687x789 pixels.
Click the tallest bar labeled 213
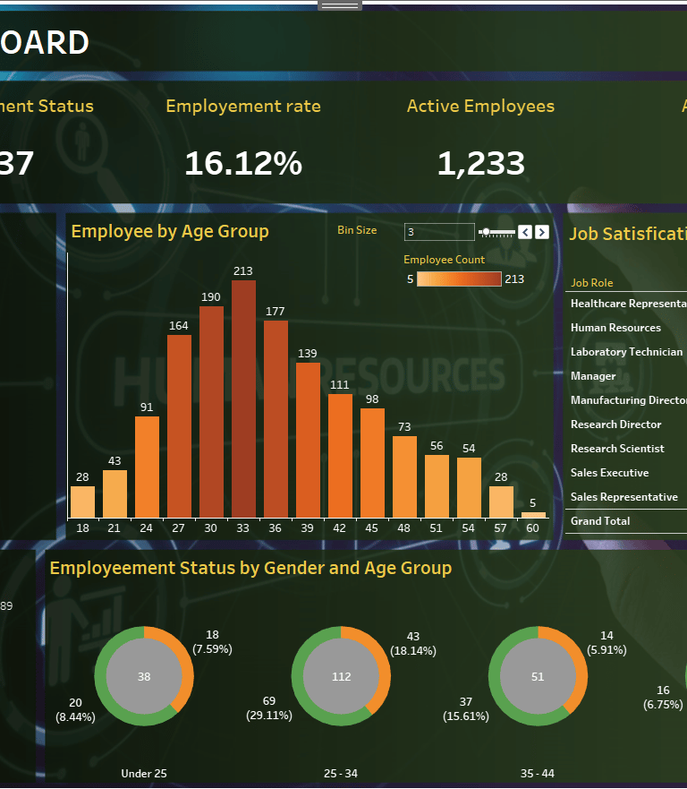[243, 399]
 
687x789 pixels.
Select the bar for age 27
[179, 425]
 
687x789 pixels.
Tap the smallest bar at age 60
[534, 515]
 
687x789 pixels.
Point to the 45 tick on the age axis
[372, 528]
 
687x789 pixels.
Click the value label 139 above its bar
[308, 355]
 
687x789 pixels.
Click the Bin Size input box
[438, 232]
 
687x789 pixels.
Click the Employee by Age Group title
[170, 231]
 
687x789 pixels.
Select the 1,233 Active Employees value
[480, 163]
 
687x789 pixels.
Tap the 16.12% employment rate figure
[243, 163]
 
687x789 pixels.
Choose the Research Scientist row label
[617, 449]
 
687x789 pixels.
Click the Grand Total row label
[600, 521]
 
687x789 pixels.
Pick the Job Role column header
[592, 283]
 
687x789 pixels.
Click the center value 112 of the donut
[342, 677]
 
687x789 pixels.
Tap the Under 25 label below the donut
[144, 773]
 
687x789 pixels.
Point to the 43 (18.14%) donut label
[413, 644]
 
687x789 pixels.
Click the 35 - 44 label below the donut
[538, 773]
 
